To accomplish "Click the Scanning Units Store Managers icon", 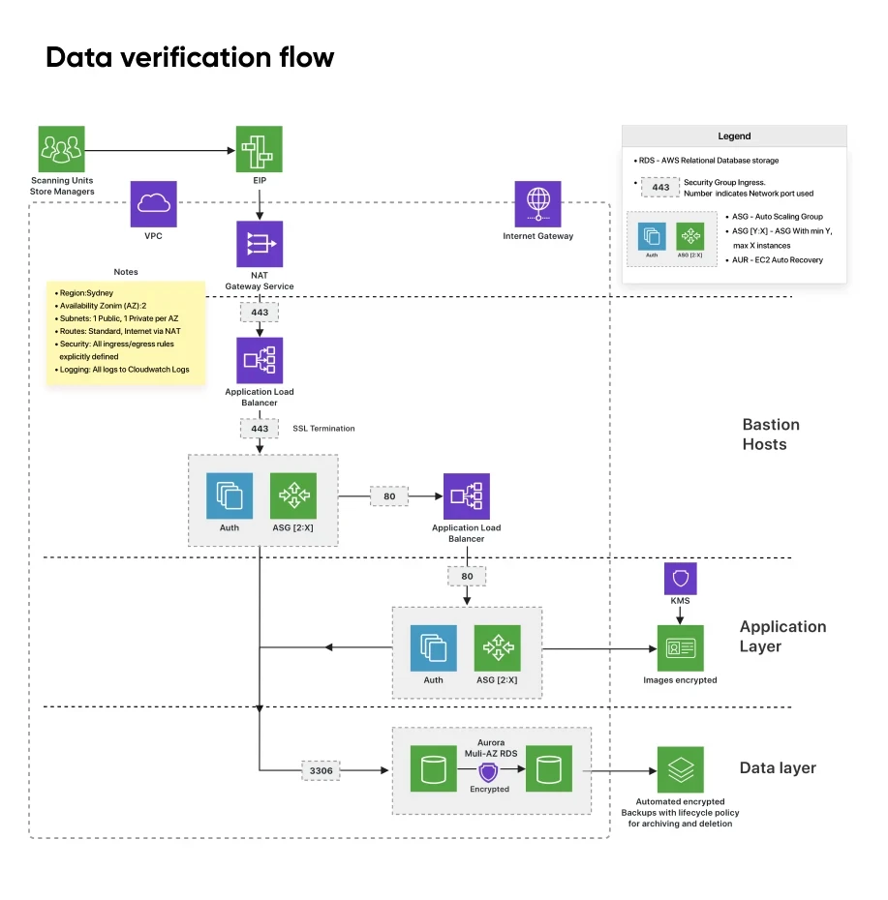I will point(61,149).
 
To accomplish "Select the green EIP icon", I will point(260,149).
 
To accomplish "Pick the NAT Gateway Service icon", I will point(260,244).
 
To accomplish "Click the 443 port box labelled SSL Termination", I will point(260,428).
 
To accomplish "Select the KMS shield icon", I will point(680,579).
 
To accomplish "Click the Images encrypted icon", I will point(680,648).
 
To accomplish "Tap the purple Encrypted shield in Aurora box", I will point(489,771).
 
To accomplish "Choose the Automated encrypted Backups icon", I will point(680,769).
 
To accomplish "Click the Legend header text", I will point(734,136).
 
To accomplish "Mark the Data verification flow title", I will point(190,58).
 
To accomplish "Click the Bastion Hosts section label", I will point(770,435).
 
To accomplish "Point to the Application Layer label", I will point(782,636).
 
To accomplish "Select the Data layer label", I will point(778,768).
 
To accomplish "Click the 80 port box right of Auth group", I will point(389,496).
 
